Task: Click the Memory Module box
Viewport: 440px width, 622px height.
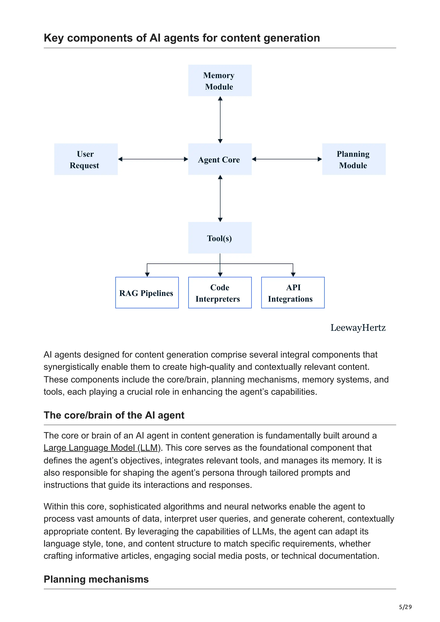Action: (220, 80)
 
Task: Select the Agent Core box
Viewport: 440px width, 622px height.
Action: (220, 159)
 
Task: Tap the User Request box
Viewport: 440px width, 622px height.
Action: (86, 159)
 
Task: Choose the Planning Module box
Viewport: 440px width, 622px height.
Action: (354, 159)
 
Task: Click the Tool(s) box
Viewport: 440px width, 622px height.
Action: (220, 238)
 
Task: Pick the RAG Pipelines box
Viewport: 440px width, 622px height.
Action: (147, 293)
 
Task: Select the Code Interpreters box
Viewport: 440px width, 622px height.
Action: (220, 293)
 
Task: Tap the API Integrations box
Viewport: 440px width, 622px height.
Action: (293, 293)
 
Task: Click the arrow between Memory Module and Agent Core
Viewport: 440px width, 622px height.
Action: (220, 120)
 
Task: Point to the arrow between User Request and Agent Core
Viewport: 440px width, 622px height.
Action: (153, 159)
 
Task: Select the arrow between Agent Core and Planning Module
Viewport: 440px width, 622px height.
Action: (287, 159)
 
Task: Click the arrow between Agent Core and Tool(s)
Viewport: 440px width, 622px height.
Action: (220, 198)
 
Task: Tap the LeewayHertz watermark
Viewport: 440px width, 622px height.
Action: (358, 328)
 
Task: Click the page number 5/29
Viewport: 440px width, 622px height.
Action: (405, 607)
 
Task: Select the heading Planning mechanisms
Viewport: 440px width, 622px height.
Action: (96, 579)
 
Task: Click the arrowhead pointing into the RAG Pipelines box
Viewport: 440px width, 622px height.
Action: (147, 275)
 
